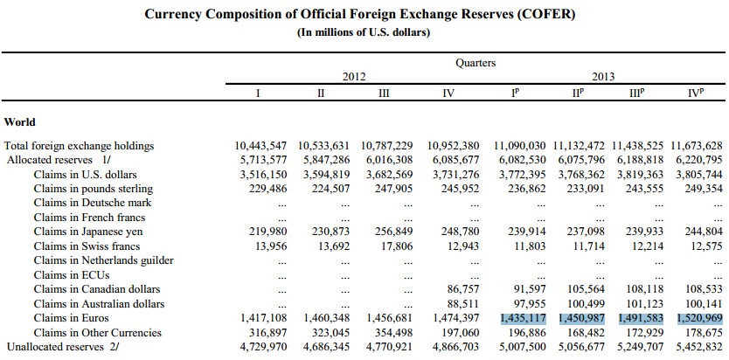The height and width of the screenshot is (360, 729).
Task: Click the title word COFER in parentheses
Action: click(552, 15)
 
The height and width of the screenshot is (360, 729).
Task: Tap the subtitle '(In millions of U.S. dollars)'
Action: click(364, 33)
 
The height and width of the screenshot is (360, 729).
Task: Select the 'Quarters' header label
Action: click(476, 63)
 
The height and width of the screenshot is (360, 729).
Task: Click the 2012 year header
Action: click(352, 77)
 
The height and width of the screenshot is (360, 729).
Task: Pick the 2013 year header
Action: click(603, 77)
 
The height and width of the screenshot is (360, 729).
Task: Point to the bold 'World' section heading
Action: click(20, 121)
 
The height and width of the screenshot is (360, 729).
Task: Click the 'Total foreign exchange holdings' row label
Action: click(80, 145)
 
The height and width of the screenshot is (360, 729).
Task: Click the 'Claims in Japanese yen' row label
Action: click(88, 232)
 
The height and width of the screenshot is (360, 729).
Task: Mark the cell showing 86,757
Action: click(461, 289)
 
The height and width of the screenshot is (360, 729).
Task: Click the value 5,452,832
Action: click(697, 347)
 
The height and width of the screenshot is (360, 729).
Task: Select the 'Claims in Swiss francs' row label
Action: click(87, 246)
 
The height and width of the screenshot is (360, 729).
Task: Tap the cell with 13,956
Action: click(266, 246)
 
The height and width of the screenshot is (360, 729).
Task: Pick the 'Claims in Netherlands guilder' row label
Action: click(104, 260)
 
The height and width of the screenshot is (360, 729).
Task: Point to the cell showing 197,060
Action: click(457, 332)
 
